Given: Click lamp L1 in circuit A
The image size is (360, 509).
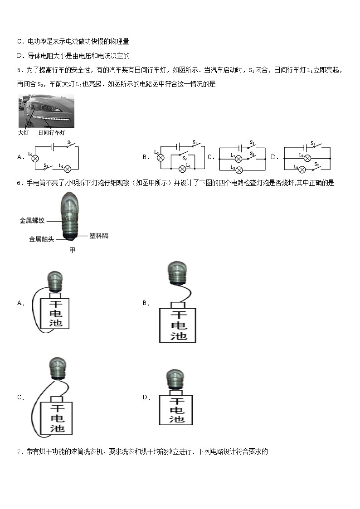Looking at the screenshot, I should tap(34, 158).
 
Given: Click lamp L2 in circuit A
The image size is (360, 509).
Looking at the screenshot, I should tap(68, 169).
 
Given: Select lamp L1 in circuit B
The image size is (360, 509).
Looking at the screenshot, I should tap(183, 169).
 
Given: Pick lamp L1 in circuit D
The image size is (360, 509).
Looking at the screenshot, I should tap(307, 158).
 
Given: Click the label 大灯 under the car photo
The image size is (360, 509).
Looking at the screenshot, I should tap(23, 133).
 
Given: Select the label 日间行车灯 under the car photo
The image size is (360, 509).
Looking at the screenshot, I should tap(52, 133).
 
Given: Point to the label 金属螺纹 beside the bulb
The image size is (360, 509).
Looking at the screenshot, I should tap(32, 220).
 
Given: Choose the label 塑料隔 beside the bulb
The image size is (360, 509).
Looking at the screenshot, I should tap(99, 236).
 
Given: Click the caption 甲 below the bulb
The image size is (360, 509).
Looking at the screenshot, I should tap(72, 250).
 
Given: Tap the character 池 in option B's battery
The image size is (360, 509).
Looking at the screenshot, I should tap(178, 336).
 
